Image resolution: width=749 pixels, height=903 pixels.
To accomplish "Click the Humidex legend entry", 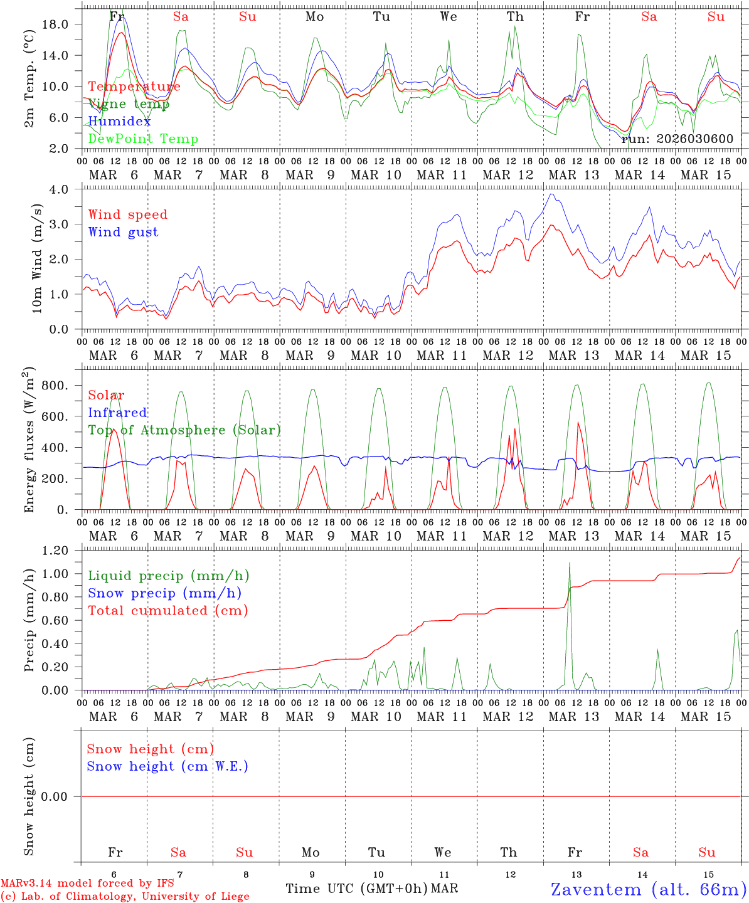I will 119,122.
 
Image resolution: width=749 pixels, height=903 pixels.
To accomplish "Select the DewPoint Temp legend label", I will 143,139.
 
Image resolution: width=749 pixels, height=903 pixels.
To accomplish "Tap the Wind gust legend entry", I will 123,232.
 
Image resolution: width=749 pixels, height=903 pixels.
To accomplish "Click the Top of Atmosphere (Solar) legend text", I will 184,430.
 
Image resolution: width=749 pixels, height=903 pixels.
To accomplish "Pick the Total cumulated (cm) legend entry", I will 168,611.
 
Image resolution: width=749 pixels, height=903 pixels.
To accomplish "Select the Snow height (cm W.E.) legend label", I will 167,766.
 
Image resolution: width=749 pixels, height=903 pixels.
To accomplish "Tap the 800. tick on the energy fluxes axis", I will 54,386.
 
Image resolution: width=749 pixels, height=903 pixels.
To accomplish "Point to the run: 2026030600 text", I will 677,139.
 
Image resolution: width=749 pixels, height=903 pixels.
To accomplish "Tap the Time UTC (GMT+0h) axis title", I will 357,889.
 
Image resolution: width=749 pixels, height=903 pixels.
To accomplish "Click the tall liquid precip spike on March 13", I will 570,564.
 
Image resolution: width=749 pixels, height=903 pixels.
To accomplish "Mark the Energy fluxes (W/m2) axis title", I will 29,441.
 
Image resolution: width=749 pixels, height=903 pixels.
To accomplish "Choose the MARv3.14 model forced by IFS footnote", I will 87,883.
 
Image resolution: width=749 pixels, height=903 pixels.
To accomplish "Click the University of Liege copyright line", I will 125,897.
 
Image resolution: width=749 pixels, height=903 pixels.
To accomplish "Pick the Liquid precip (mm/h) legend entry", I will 169,576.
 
